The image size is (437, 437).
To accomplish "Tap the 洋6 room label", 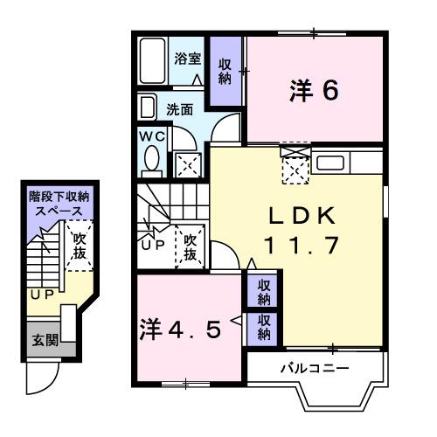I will pyautogui.click(x=314, y=90).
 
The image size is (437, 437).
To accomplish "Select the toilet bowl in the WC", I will pyautogui.click(x=150, y=161).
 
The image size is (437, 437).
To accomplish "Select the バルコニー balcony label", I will pyautogui.click(x=314, y=367).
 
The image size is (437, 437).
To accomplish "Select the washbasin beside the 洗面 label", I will pyautogui.click(x=149, y=108).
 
